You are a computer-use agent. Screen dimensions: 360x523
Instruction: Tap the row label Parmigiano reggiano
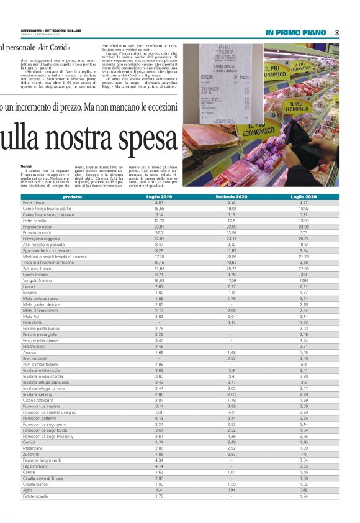[42, 238]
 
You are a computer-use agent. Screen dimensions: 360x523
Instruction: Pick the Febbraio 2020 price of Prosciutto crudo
[231, 232]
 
